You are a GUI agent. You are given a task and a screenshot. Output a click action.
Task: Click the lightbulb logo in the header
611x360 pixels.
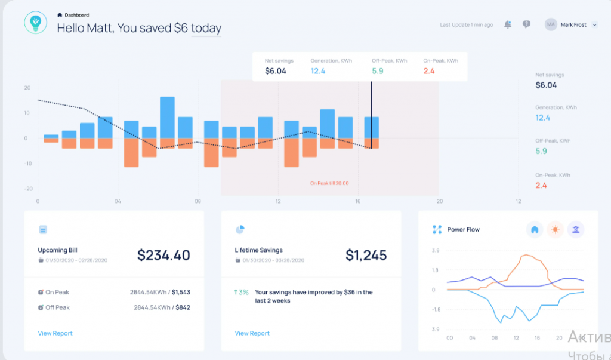tap(35, 23)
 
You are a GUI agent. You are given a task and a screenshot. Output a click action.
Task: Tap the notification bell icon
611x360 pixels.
tap(507, 24)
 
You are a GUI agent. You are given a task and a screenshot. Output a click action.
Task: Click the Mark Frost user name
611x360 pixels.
tap(573, 25)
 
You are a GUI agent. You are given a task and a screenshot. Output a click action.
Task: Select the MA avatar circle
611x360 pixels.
tap(550, 24)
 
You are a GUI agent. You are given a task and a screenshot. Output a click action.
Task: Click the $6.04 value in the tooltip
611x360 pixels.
tap(275, 71)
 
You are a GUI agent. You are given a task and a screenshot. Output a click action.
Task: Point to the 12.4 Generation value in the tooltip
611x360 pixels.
tap(317, 71)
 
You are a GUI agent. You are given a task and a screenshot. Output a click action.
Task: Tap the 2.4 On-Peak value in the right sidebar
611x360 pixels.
tap(541, 185)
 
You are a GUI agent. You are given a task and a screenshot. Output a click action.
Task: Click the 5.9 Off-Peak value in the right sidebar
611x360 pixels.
tap(541, 151)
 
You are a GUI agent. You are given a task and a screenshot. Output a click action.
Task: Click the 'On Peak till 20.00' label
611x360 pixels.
tap(329, 183)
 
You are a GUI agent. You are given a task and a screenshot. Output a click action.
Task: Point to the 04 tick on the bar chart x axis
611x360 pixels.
tap(118, 201)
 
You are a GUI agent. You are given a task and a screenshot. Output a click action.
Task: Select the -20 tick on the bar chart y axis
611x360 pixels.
tap(28, 189)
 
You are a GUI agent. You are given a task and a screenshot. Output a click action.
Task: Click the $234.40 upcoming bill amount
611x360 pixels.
tap(163, 255)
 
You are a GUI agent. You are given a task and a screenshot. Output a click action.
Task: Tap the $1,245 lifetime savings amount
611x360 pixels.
tap(366, 255)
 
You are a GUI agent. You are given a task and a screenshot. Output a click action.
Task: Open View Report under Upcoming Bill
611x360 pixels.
tap(55, 333)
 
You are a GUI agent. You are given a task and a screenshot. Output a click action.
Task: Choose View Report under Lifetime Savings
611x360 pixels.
tap(252, 333)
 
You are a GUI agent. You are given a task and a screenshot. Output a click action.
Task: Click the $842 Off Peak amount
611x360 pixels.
tap(181, 307)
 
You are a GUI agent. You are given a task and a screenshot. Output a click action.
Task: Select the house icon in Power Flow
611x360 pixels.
tap(535, 229)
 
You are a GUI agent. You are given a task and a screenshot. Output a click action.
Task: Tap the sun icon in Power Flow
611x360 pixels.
tap(556, 229)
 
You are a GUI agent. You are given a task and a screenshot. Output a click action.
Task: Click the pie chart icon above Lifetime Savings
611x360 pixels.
tap(240, 229)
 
